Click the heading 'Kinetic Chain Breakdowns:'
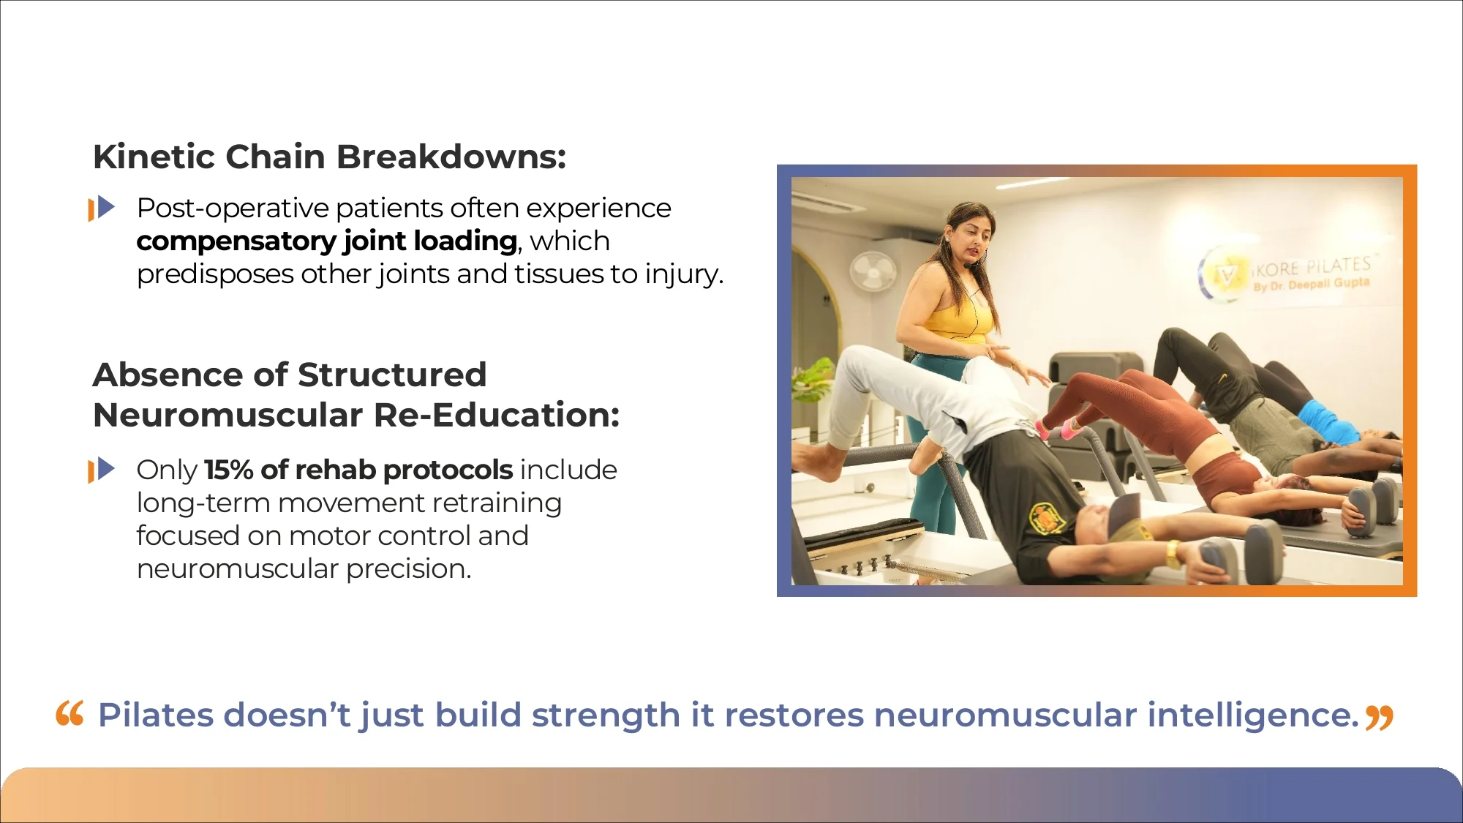[x=329, y=157]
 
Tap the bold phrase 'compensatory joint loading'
[x=327, y=241]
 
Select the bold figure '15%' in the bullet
[x=228, y=470]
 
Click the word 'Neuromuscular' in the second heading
[x=227, y=415]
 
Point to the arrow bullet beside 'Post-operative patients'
[x=102, y=208]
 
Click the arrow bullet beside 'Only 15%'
[x=102, y=470]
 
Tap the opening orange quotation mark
[x=70, y=713]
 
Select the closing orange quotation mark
[x=1380, y=718]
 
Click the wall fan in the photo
[x=873, y=272]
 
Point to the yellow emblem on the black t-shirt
[x=1047, y=516]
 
